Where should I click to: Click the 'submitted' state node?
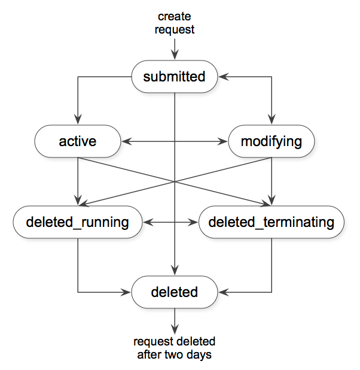(174, 77)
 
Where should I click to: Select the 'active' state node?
(78, 142)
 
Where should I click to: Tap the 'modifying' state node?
(271, 142)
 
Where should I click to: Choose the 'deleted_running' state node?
(78, 222)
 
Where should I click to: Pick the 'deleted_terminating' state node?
(271, 222)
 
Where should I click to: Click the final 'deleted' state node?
(174, 292)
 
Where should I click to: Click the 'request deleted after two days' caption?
(174, 348)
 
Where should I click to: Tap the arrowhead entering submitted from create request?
(175, 56)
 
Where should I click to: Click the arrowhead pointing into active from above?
(78, 121)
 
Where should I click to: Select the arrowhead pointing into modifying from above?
(271, 121)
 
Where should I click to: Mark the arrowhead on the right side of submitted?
(222, 77)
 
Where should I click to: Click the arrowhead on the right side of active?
(125, 142)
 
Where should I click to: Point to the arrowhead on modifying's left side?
(224, 142)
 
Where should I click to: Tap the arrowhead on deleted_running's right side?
(148, 222)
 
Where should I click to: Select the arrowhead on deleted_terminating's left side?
(194, 222)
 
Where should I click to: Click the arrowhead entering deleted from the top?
(175, 271)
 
